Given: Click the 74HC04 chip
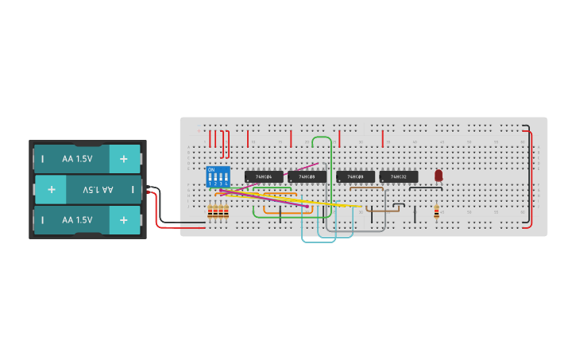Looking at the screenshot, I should pyautogui.click(x=264, y=176).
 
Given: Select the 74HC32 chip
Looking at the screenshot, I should pyautogui.click(x=399, y=176).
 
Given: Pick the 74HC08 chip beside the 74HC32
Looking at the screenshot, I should pyautogui.click(x=355, y=176).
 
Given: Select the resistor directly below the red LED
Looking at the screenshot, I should pyautogui.click(x=436, y=211).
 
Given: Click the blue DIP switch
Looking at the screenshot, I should pyautogui.click(x=218, y=176).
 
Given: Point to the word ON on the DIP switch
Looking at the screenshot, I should pyautogui.click(x=211, y=169).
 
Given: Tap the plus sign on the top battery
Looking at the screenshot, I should pyautogui.click(x=123, y=159).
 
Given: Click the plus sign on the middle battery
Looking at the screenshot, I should pyautogui.click(x=51, y=190).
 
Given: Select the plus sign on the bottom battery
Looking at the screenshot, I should pyautogui.click(x=123, y=220).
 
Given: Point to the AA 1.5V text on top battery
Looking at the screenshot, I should pyautogui.click(x=77, y=159).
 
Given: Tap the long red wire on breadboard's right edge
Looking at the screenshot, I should pyautogui.click(x=530, y=175).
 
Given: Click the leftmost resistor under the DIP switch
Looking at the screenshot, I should pyautogui.click(x=210, y=211).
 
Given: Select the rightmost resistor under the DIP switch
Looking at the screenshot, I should pyautogui.click(x=226, y=211).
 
